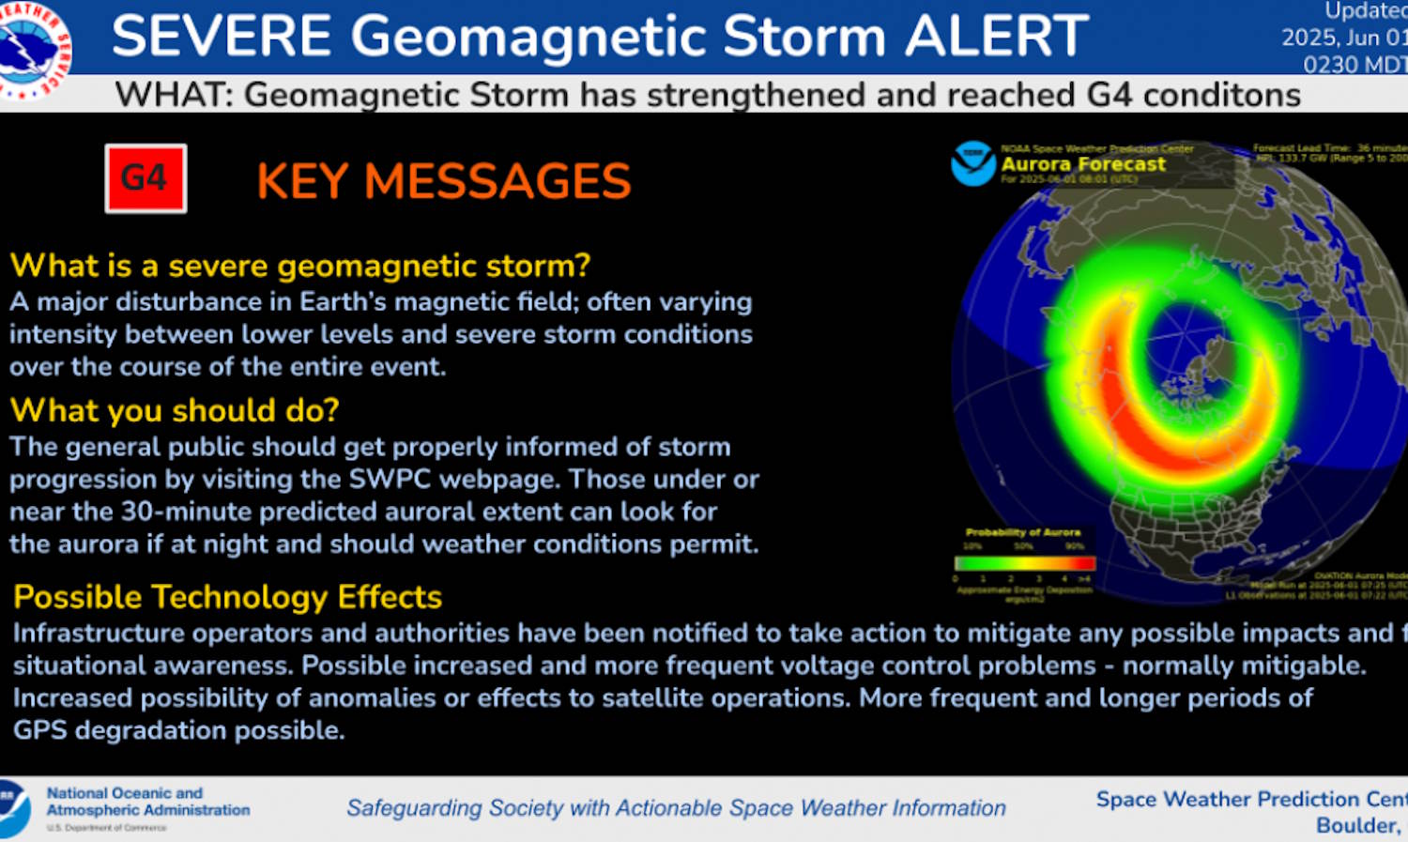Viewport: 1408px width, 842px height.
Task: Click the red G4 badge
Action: tap(145, 178)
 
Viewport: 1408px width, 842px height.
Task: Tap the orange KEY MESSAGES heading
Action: tap(443, 181)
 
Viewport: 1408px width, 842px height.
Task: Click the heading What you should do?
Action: tap(175, 410)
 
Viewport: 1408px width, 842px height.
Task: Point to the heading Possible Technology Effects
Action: tap(228, 597)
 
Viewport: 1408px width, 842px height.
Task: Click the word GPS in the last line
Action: tap(39, 730)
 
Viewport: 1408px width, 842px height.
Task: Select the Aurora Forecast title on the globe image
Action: tap(1083, 164)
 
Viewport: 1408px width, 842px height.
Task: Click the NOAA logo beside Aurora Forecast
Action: tap(973, 163)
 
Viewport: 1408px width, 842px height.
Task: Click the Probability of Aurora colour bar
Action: tap(1024, 563)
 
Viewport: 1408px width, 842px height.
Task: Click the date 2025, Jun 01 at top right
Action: tap(1344, 38)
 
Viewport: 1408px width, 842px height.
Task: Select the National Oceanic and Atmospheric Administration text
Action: tap(147, 802)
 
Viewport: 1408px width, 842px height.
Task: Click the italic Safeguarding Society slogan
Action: tap(676, 807)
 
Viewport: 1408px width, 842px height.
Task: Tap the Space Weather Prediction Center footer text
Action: tap(1251, 799)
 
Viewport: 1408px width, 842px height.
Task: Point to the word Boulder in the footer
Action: tap(1356, 825)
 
